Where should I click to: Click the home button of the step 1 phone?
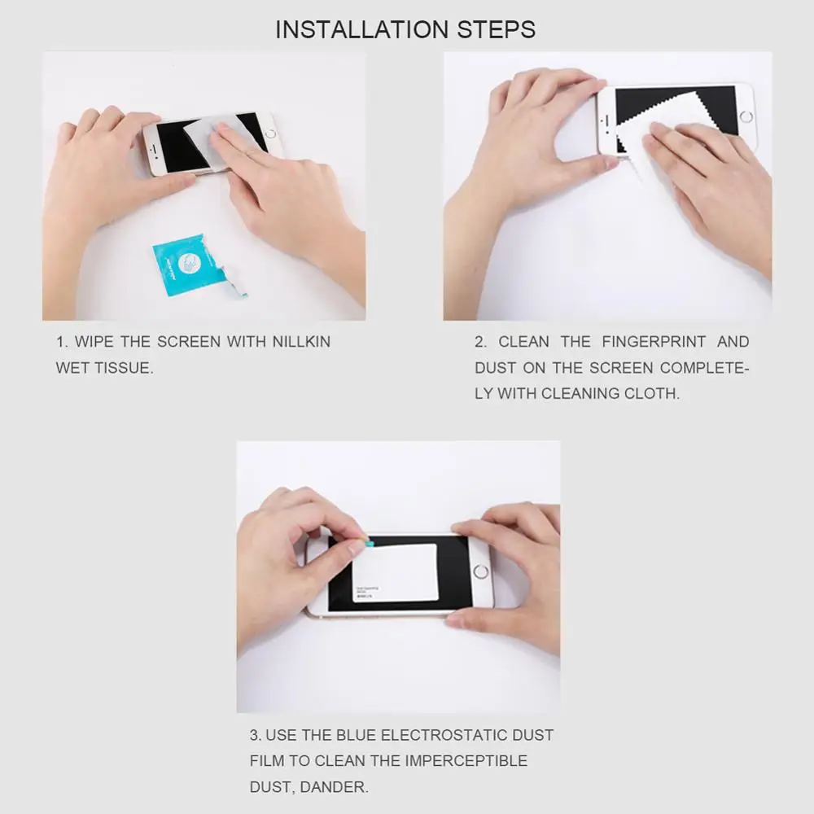point(269,132)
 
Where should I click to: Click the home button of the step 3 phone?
point(480,571)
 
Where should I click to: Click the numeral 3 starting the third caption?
point(255,735)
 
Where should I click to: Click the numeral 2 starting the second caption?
point(479,342)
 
